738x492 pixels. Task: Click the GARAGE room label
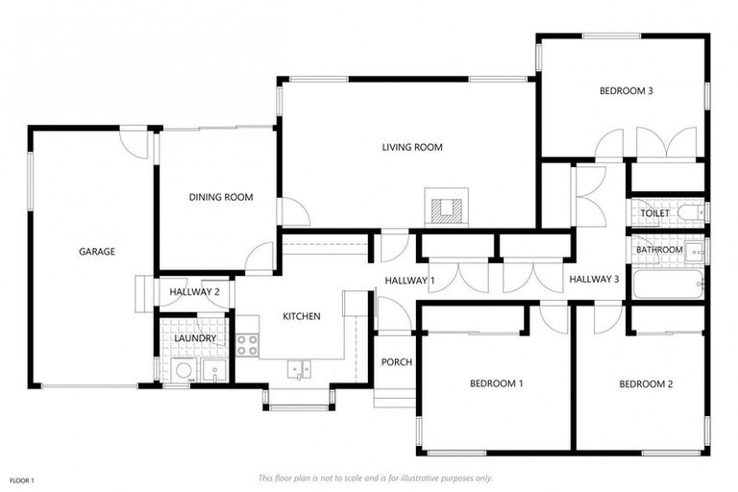pyautogui.click(x=97, y=252)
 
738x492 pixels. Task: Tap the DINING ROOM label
pyautogui.click(x=220, y=197)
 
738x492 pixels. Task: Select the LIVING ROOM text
pyautogui.click(x=411, y=147)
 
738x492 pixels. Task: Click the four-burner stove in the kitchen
pyautogui.click(x=247, y=344)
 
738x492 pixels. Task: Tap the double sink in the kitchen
pyautogui.click(x=299, y=367)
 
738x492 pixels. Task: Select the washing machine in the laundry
pyautogui.click(x=183, y=371)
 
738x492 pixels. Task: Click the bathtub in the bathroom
pyautogui.click(x=678, y=285)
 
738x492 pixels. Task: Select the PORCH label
pyautogui.click(x=397, y=362)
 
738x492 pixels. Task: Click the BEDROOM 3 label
pyautogui.click(x=627, y=91)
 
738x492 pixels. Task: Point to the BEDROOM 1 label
pyautogui.click(x=496, y=383)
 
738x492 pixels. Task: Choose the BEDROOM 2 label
pyautogui.click(x=646, y=383)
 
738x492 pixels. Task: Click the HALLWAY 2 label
pyautogui.click(x=195, y=292)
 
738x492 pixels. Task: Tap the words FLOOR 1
pyautogui.click(x=22, y=480)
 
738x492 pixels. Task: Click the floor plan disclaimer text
pyautogui.click(x=375, y=478)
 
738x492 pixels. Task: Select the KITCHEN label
pyautogui.click(x=301, y=316)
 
